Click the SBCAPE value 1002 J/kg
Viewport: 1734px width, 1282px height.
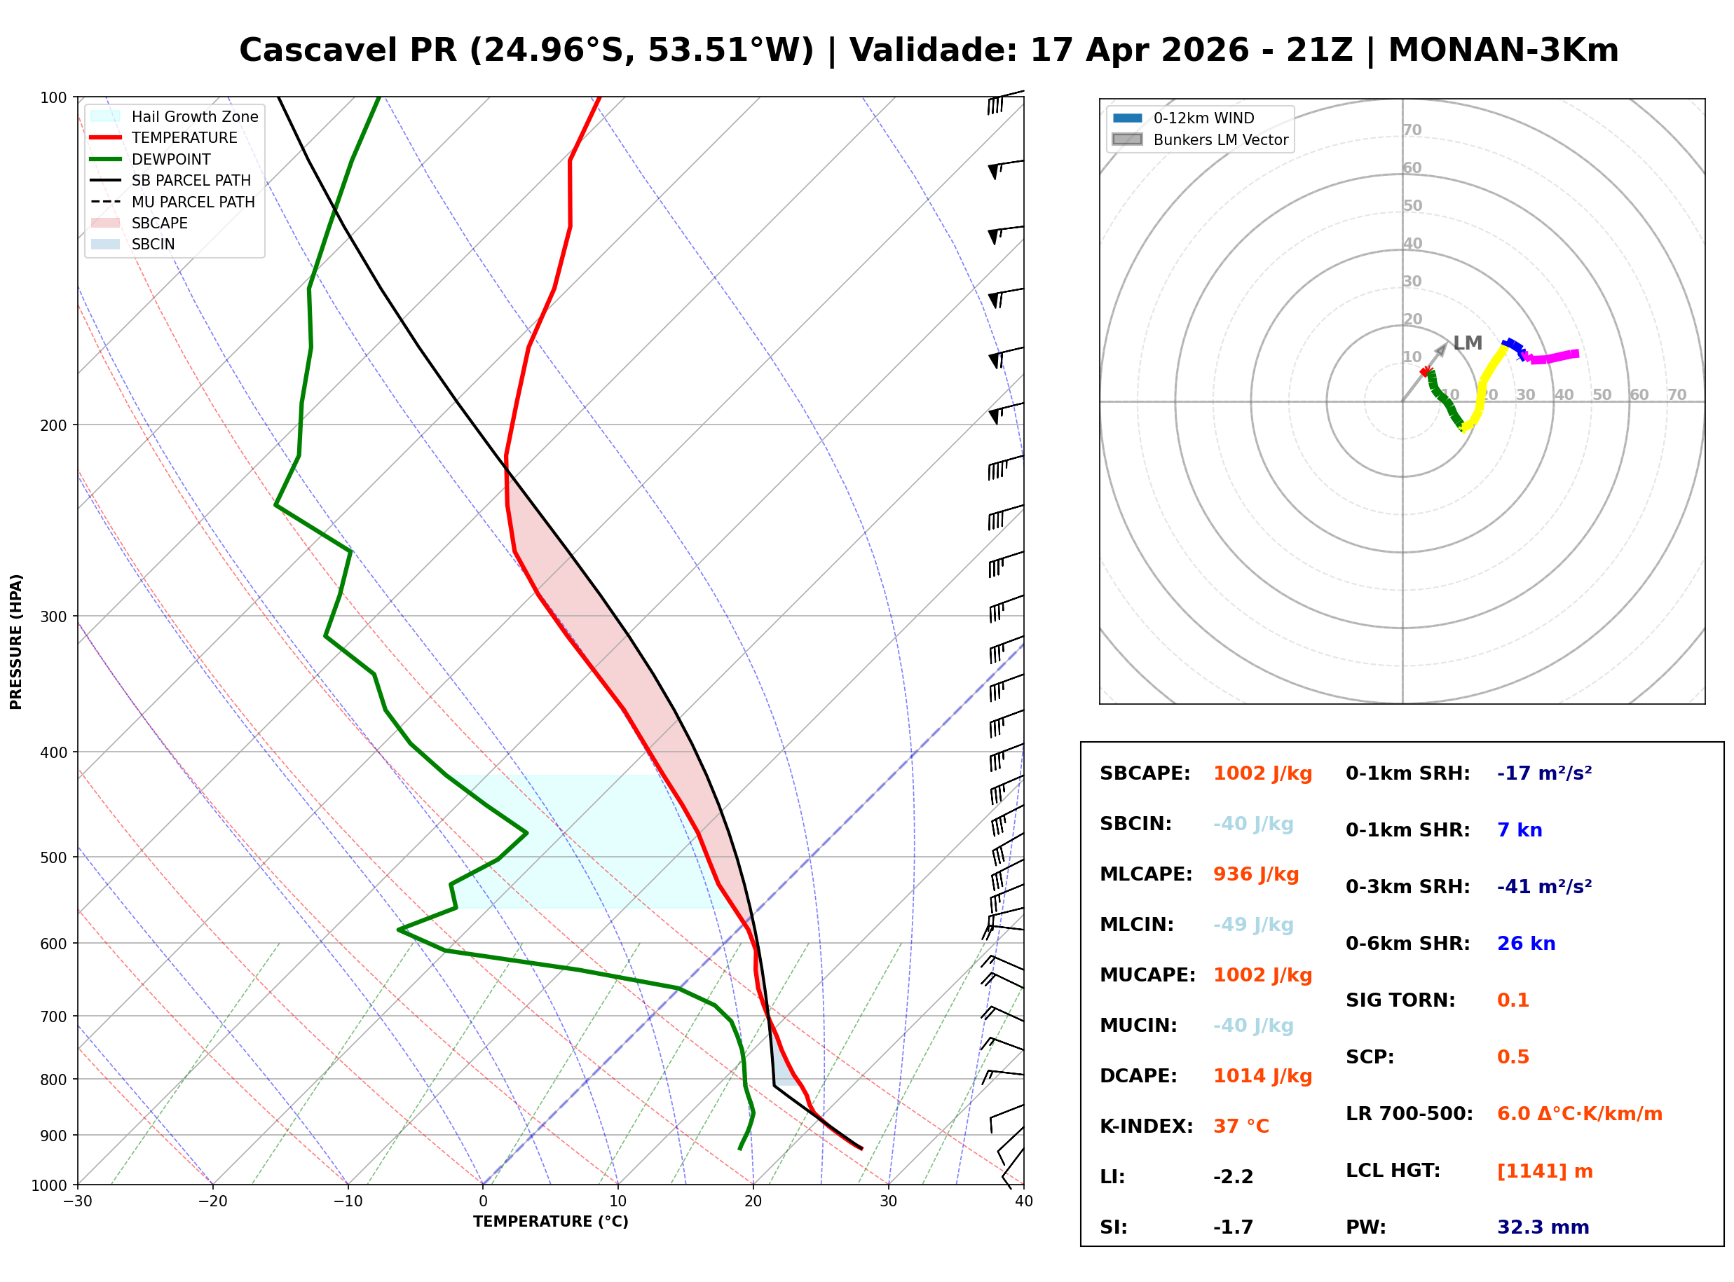1262,773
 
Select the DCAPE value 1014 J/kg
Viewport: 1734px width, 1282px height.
1262,1076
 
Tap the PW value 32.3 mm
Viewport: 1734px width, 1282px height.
1543,1227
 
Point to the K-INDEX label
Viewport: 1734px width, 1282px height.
1147,1126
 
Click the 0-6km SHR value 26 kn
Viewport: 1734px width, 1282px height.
1526,944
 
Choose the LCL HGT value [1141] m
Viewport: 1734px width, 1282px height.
1545,1172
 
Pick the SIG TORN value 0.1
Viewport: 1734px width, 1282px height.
1513,1000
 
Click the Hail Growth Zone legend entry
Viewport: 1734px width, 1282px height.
175,116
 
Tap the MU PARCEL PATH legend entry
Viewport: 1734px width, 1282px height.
172,202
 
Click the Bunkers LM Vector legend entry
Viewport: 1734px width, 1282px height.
1201,139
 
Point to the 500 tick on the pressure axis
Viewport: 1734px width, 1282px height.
53,857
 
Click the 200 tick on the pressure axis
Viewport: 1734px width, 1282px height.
53,425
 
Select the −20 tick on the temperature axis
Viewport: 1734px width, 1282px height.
212,1202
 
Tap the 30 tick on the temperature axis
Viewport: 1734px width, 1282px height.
888,1202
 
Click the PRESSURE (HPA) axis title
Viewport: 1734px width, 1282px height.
15,642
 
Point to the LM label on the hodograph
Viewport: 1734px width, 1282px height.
1467,343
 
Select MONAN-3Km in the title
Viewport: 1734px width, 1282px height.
1503,50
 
